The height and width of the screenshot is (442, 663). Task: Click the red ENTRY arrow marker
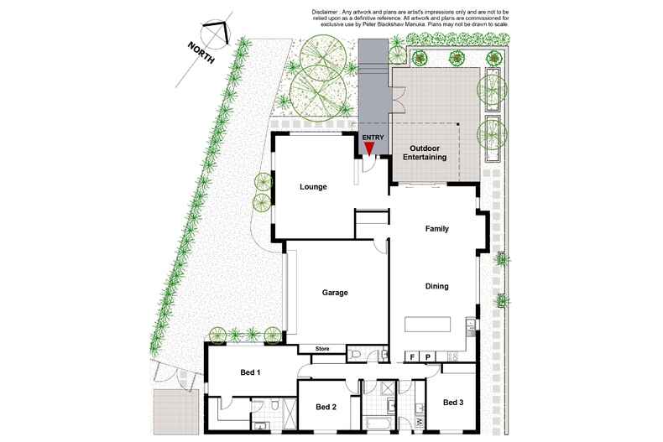coord(369,148)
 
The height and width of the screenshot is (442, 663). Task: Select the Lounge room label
coord(313,187)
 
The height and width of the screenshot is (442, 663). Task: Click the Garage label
coord(335,293)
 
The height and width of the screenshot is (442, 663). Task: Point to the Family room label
coord(437,229)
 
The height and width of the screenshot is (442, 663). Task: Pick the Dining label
coord(436,286)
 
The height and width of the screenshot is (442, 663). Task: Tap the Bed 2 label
coord(326,407)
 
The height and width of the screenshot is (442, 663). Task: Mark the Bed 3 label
coord(453,403)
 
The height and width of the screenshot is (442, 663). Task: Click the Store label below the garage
coord(321,349)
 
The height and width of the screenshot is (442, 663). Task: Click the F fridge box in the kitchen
coord(412,357)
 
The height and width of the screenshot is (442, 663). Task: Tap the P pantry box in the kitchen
coord(428,357)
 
